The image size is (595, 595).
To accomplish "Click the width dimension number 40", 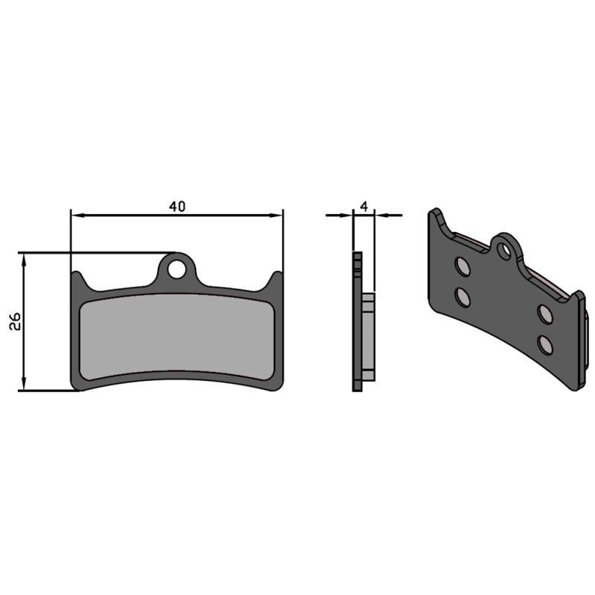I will pos(176,206).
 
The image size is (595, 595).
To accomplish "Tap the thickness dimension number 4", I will pos(363,205).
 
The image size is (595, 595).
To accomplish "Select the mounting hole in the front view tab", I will pos(176,268).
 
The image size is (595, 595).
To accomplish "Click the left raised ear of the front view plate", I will pos(78,280).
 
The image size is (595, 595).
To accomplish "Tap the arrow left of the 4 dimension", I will pos(347,215).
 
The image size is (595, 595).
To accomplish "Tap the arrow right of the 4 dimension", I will pos(380,215).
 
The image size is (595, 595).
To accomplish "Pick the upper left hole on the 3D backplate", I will pos(462,267).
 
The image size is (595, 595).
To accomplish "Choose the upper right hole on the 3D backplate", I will pos(545,314).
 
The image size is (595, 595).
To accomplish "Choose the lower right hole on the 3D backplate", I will pos(547,344).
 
